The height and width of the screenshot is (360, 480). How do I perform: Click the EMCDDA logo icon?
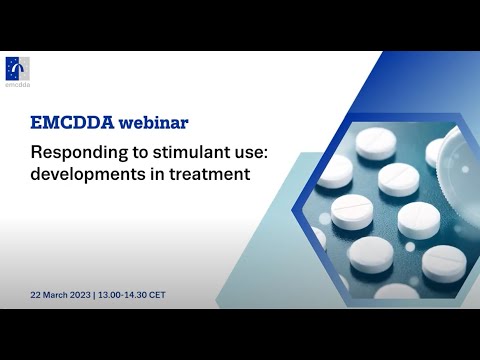(17, 66)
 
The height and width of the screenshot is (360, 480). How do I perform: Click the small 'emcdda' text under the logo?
(17, 84)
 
